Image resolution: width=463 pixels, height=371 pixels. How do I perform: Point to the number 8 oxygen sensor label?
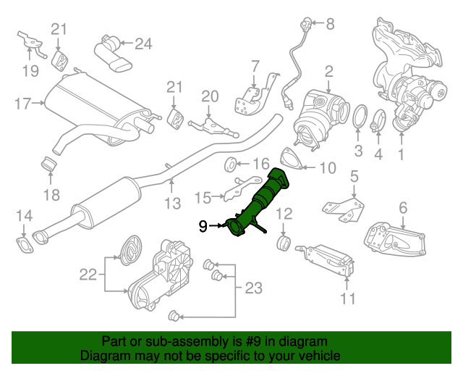pyautogui.click(x=330, y=25)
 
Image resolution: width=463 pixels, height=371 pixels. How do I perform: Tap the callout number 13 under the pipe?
pyautogui.click(x=171, y=204)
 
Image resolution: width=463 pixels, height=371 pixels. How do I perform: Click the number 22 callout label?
pyautogui.click(x=88, y=274)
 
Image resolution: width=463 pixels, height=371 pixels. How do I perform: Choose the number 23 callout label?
pyautogui.click(x=253, y=289)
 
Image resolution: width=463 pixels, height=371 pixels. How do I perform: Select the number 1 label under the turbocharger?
pyautogui.click(x=400, y=154)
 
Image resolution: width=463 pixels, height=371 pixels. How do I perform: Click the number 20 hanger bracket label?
pyautogui.click(x=209, y=96)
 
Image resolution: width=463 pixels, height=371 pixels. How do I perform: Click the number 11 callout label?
pyautogui.click(x=348, y=299)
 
